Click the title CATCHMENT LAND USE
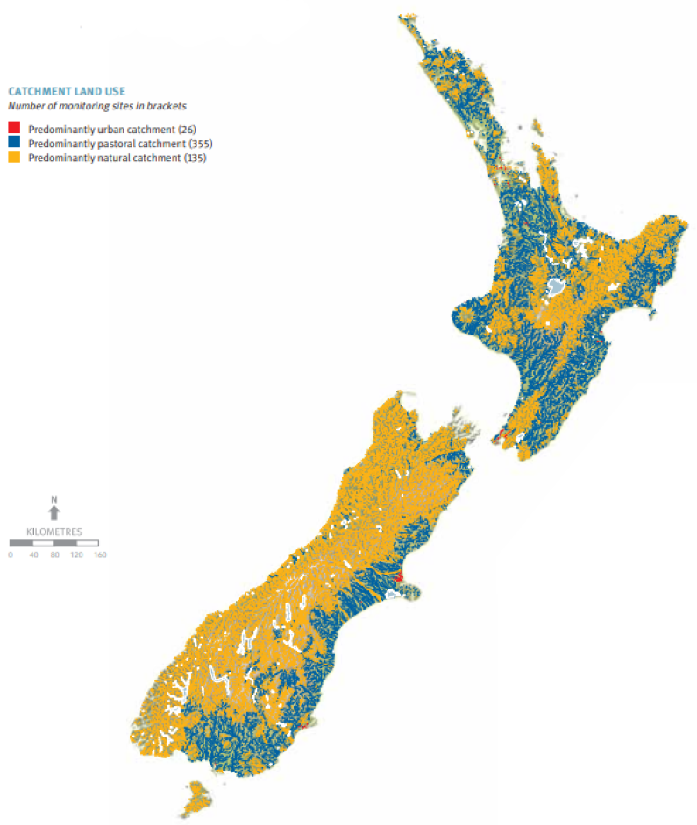[x=66, y=90]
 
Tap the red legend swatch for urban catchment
[x=13, y=128]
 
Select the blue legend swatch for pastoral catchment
[x=13, y=142]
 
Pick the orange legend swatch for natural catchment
[x=13, y=157]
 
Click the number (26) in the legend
[x=186, y=129]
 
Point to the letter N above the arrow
[x=53, y=500]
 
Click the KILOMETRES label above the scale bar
[x=53, y=532]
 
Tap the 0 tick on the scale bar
[x=11, y=554]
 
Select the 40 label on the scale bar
[x=33, y=554]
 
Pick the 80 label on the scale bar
[x=54, y=554]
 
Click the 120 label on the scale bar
[x=76, y=554]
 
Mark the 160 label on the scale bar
[x=99, y=554]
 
